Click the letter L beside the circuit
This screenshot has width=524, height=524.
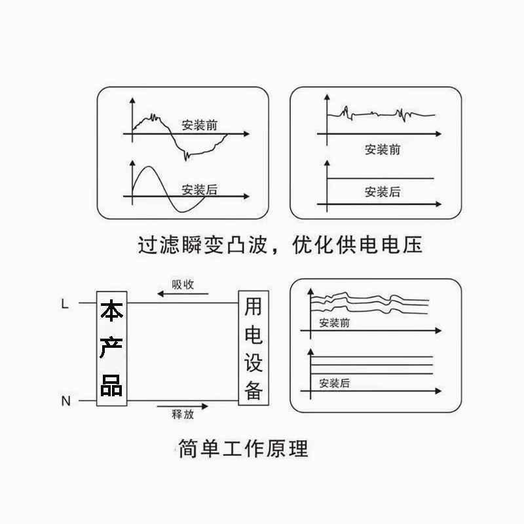click(64, 304)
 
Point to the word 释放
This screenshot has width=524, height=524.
click(182, 415)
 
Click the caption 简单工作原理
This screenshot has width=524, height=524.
click(243, 449)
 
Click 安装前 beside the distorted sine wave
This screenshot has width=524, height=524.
click(200, 125)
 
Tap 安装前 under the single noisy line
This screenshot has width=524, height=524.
click(382, 150)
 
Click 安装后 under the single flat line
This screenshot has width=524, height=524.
click(382, 192)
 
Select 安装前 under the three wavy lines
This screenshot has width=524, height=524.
click(334, 323)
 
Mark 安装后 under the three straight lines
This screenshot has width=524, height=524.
click(334, 383)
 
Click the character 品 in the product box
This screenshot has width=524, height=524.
click(111, 385)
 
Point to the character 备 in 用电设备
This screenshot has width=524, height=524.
click(253, 390)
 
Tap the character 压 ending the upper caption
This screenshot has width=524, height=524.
click(412, 246)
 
